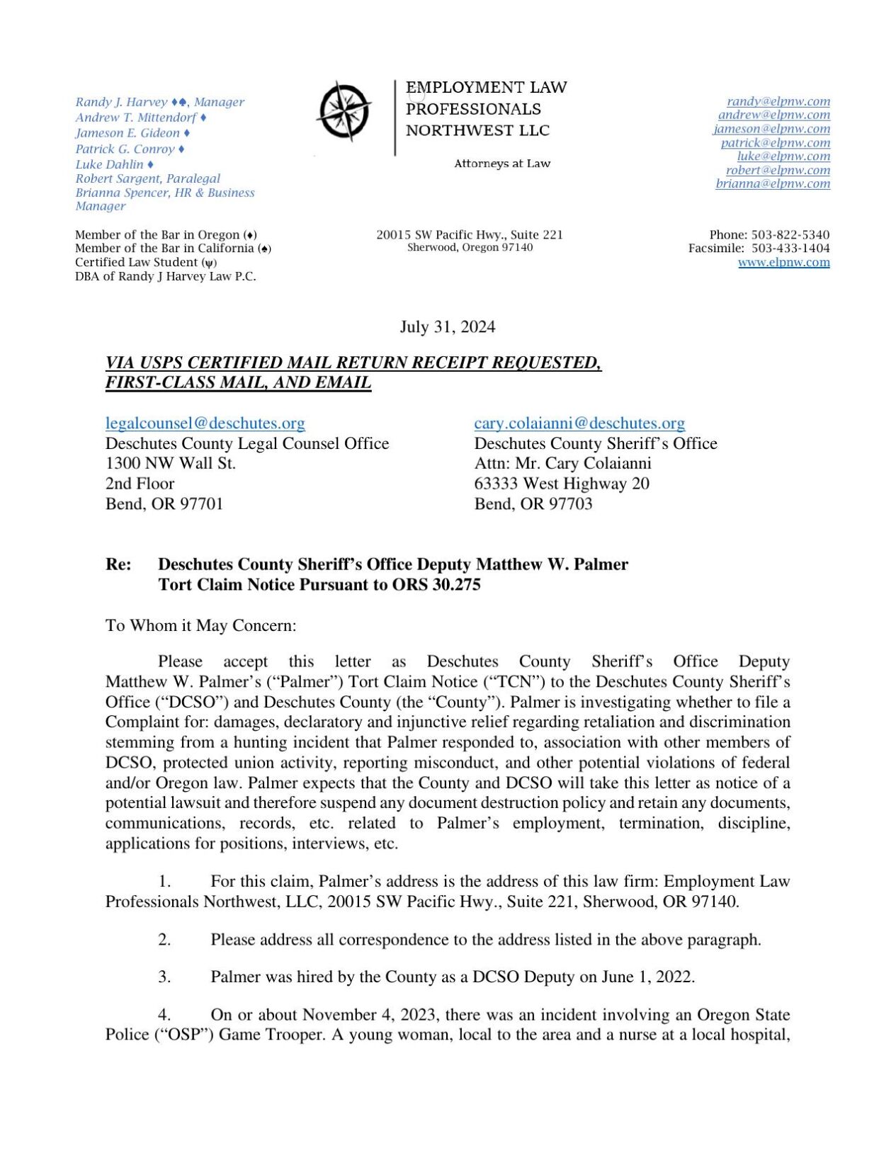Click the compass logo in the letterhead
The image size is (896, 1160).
[x=344, y=111]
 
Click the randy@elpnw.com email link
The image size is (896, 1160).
[x=778, y=101]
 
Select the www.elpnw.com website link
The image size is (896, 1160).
[x=783, y=262]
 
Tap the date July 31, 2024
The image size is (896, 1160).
[x=447, y=326]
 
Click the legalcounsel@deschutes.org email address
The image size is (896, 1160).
[x=205, y=423]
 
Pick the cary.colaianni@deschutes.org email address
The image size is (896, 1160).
[x=579, y=423]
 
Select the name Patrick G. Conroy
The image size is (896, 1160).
[x=125, y=149]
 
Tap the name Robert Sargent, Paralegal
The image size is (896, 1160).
[x=147, y=178]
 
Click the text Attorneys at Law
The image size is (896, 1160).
[x=501, y=164]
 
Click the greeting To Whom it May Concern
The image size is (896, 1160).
[x=200, y=625]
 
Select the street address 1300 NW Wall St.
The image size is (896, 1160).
[x=170, y=463]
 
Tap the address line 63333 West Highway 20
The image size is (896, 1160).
[x=561, y=484]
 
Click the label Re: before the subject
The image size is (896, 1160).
[x=118, y=564]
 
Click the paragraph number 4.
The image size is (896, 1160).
[x=164, y=1014]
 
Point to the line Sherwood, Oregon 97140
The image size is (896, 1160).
[x=470, y=247]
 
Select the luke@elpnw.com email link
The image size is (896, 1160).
[x=783, y=156]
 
